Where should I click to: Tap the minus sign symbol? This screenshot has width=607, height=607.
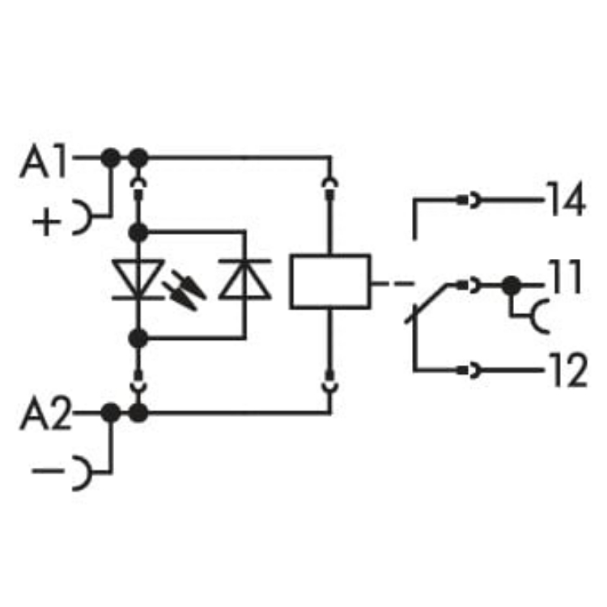[48, 470]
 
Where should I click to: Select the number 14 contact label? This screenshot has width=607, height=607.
[564, 200]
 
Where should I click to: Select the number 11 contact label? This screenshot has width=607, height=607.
[564, 278]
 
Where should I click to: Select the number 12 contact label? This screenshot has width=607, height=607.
[564, 372]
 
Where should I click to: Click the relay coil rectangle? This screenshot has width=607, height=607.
[330, 281]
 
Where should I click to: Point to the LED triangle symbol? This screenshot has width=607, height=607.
[138, 279]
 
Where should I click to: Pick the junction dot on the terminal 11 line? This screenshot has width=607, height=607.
[510, 285]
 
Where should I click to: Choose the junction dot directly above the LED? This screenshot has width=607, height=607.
[138, 233]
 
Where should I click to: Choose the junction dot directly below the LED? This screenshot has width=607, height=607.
[138, 337]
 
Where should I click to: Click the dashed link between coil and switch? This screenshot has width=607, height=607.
[393, 284]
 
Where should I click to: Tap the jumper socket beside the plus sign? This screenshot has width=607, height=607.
[81, 218]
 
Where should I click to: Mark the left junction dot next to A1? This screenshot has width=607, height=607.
[110, 157]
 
